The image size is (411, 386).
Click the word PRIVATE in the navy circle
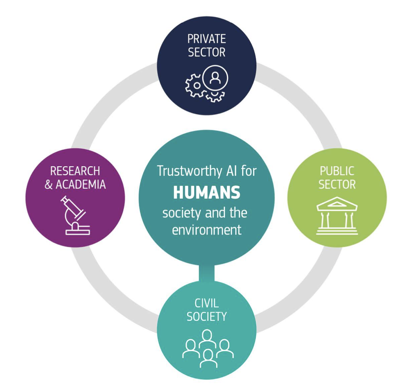207,39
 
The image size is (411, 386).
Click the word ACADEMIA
81,184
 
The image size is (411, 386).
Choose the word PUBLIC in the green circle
337,171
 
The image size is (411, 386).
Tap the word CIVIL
207,303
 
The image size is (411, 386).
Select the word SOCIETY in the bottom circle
207,317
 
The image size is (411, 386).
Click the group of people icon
208,349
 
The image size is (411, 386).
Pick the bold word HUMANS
207,193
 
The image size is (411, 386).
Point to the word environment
207,229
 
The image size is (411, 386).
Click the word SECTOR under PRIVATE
207,52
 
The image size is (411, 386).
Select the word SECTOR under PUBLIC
337,184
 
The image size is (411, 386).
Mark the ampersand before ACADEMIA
48,184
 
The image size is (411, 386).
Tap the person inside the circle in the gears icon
215,78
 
